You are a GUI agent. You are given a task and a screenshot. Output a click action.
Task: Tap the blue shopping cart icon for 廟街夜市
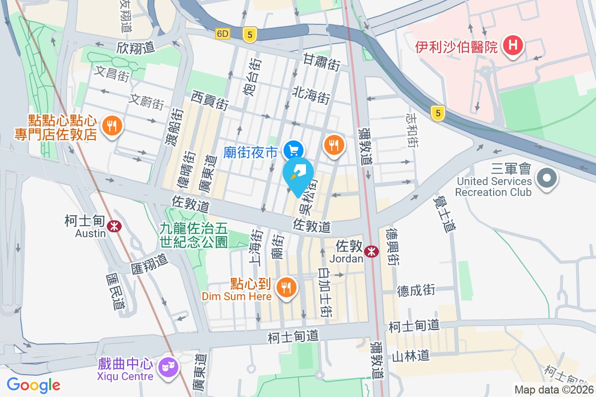click(294, 149)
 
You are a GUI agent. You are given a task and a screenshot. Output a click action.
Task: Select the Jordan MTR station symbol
click(371, 252)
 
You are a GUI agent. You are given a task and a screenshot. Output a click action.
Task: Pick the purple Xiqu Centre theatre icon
click(167, 367)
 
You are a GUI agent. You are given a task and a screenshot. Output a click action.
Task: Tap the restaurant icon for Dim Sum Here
click(286, 286)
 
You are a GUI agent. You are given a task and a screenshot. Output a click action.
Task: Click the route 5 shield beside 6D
click(250, 34)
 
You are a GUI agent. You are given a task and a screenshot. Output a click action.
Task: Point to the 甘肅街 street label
click(322, 63)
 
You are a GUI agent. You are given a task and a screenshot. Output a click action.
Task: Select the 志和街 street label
click(412, 130)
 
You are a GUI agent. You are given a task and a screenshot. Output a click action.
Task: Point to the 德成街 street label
click(416, 290)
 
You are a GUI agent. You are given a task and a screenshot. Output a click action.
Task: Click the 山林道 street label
click(410, 356)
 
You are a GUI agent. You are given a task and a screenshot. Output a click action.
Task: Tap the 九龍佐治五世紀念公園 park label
click(194, 235)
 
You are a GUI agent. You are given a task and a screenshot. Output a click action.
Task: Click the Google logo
click(34, 385)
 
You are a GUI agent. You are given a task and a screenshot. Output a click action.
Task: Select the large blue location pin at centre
click(298, 175)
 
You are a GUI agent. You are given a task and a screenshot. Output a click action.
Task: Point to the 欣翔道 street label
click(136, 48)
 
